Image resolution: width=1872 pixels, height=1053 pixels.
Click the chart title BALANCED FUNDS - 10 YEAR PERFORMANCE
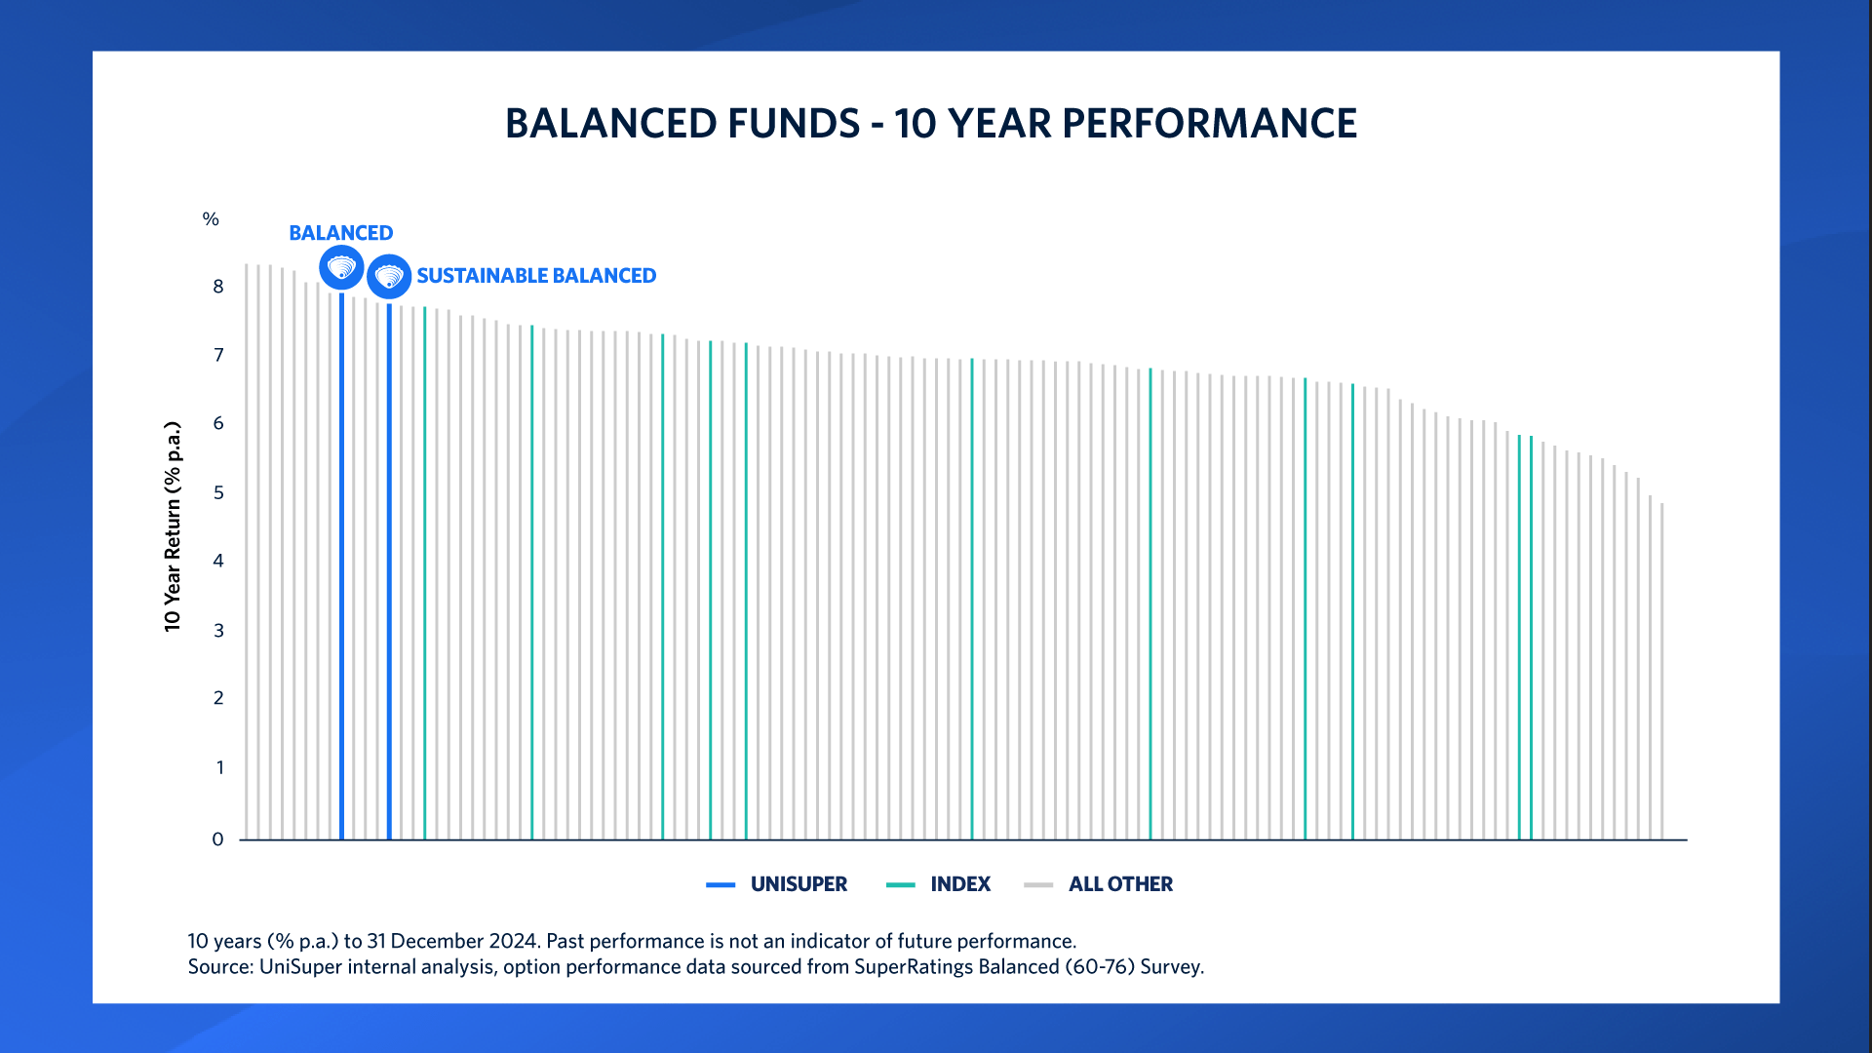931,124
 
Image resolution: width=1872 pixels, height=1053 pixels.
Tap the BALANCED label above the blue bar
340,233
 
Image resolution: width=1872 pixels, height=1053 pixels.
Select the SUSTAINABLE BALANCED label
536,276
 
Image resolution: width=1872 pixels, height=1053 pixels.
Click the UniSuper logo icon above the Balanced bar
341,267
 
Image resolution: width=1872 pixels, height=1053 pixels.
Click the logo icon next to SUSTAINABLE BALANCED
389,277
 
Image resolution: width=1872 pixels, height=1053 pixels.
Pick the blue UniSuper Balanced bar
341,565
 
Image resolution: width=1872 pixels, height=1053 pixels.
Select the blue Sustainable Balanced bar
389,570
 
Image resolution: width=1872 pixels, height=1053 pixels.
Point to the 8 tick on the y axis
218,287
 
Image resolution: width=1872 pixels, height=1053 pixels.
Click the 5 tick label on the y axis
218,492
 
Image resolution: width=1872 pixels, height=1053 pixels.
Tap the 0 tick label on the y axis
217,839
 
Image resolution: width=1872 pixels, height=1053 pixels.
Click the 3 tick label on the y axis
218,631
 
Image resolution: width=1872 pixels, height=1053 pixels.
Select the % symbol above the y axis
211,219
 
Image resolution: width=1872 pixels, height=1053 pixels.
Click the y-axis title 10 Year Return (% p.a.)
173,526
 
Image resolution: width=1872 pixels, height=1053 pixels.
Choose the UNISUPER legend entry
798,884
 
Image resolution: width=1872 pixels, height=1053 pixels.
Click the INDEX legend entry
959,884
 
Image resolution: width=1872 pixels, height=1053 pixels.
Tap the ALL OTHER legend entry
1119,884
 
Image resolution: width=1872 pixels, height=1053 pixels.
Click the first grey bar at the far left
247,551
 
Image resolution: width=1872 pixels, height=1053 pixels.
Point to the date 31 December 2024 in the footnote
452,941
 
